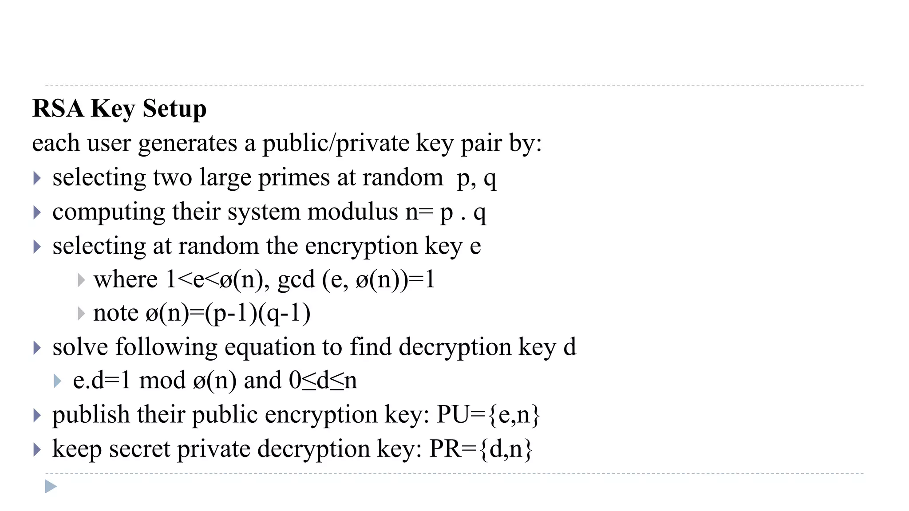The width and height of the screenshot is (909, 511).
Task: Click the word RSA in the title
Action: pos(58,108)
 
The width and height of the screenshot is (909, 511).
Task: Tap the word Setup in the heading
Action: pos(174,108)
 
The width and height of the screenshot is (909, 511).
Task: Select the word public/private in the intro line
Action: pos(336,143)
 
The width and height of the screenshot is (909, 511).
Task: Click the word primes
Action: pos(294,177)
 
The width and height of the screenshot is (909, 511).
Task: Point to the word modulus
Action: pos(352,212)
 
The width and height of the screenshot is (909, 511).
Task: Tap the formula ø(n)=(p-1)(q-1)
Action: pos(228,313)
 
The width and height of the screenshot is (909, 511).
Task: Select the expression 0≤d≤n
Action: pos(323,381)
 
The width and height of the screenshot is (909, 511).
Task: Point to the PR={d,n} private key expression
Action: pos(481,449)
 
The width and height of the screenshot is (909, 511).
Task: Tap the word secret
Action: pos(139,449)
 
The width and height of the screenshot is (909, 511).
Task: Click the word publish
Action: pos(91,415)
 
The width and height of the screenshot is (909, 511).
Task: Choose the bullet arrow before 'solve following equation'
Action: pos(37,348)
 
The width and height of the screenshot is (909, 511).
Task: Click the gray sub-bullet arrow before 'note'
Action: pos(81,314)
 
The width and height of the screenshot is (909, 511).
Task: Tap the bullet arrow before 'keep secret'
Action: pos(37,450)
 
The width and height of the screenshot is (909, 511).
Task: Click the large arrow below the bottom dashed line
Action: pos(51,487)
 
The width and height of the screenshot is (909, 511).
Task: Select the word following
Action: pos(166,347)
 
